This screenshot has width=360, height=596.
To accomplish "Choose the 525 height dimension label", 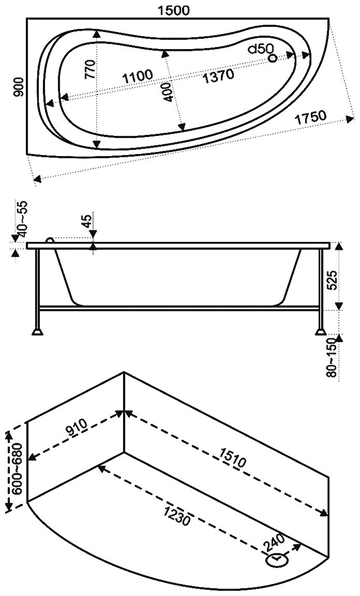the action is click(x=334, y=280).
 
